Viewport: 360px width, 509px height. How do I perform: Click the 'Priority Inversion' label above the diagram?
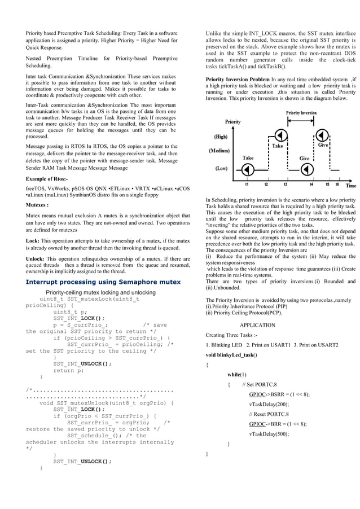click(x=301, y=113)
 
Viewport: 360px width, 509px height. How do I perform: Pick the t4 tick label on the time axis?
click(x=311, y=183)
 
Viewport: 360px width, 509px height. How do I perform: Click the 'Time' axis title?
click(x=350, y=185)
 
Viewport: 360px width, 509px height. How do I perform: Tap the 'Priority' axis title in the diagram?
click(x=234, y=121)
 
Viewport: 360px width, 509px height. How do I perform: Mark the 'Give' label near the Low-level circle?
click(x=304, y=159)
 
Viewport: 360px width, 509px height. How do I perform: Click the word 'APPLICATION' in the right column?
click(x=257, y=325)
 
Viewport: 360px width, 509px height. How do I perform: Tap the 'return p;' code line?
click(x=68, y=370)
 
